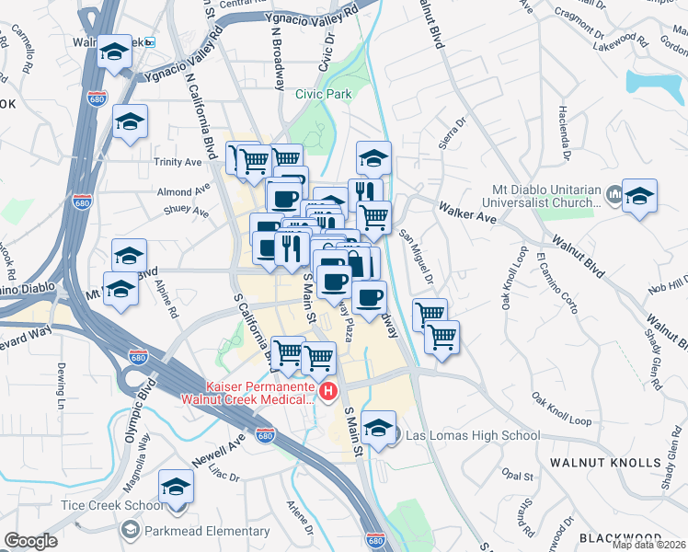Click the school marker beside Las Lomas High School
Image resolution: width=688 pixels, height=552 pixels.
(378, 427)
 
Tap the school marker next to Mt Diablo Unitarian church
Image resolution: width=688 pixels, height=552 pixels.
(639, 196)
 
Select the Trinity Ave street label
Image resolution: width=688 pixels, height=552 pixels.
(178, 162)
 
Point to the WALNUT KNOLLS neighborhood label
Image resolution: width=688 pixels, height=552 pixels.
(605, 462)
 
